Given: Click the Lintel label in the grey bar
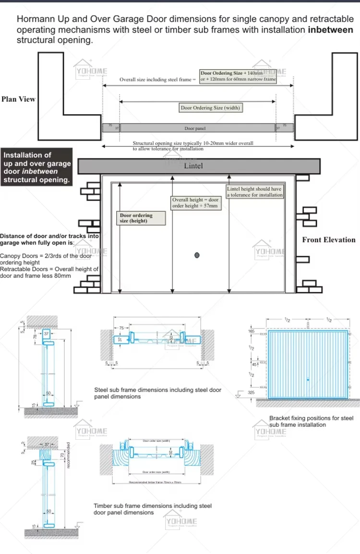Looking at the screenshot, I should (193, 166).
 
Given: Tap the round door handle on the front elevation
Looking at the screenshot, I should (197, 255).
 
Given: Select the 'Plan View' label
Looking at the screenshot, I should (18, 99).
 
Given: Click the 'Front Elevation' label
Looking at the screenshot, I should (328, 240).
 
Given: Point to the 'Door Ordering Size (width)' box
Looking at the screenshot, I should (210, 108).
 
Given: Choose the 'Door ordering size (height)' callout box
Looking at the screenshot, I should (142, 218).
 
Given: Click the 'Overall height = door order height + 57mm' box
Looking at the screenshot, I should (196, 203).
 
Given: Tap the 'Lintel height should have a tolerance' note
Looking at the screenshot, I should (254, 192).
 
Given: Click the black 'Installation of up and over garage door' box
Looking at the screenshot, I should (36, 167).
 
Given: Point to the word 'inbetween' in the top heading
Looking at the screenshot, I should (330, 30).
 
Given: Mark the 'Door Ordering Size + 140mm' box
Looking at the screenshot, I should (238, 76).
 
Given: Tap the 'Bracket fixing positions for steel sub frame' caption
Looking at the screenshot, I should (311, 422).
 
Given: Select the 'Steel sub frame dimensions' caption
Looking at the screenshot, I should (157, 393).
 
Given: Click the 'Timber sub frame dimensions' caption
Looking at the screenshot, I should (152, 509).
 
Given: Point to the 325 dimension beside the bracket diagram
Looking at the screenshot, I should (251, 393).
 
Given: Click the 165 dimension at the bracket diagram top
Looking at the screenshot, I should (251, 331).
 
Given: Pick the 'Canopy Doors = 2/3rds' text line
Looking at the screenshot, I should (46, 256).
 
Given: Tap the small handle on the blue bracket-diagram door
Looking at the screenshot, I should (308, 380).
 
